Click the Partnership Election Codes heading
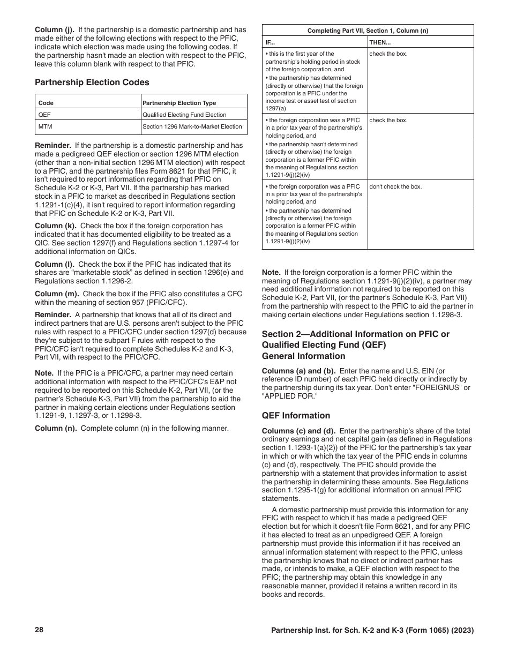(92, 83)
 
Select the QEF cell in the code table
(44, 115)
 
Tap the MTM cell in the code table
(46, 127)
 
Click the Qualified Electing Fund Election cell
(184, 115)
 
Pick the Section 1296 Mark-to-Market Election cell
(192, 127)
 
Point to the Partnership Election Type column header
(179, 103)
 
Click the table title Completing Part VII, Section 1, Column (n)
(368, 31)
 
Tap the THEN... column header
(380, 42)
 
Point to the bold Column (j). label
(55, 30)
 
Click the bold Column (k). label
(55, 226)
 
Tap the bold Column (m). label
(56, 294)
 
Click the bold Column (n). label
(55, 428)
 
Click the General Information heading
(303, 356)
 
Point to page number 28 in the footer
(39, 630)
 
